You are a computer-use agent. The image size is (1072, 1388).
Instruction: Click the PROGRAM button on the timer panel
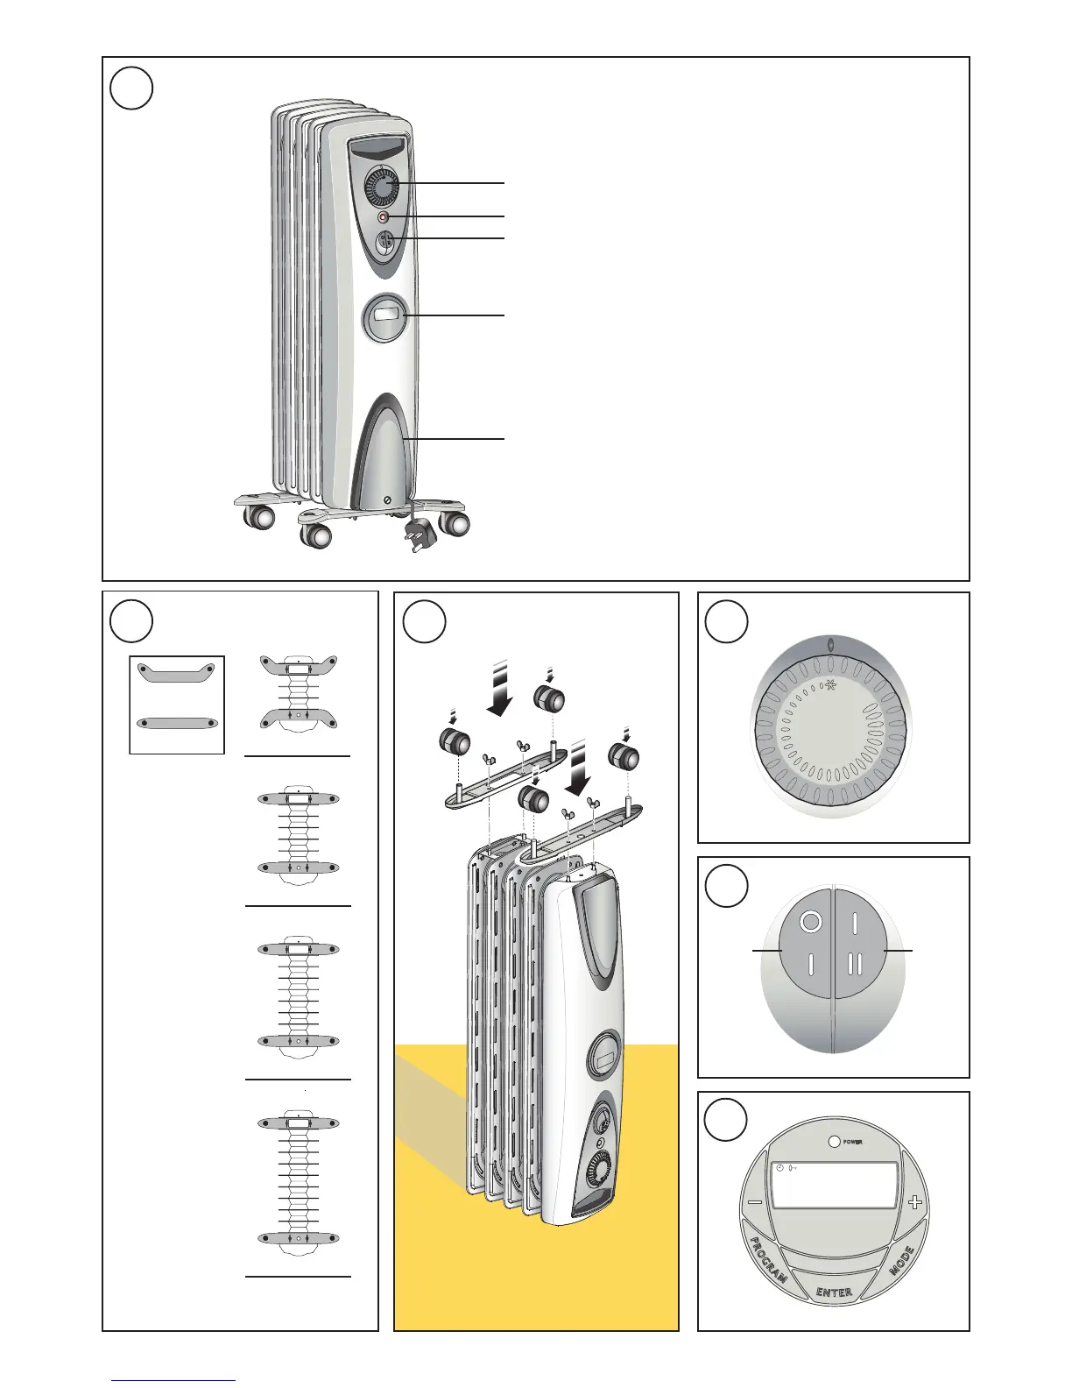768,1259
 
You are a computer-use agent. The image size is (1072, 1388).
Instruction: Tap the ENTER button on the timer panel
834,1292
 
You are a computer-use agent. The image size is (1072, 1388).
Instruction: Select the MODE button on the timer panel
902,1260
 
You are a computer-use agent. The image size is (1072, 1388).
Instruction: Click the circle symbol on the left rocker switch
810,922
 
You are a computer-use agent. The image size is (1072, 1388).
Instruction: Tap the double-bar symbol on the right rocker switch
856,964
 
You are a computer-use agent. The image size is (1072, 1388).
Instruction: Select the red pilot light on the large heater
384,216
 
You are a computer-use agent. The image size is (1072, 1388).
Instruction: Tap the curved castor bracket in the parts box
177,672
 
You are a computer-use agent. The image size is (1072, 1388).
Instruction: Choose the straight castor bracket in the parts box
177,723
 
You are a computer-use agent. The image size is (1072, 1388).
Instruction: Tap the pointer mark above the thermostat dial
830,645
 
